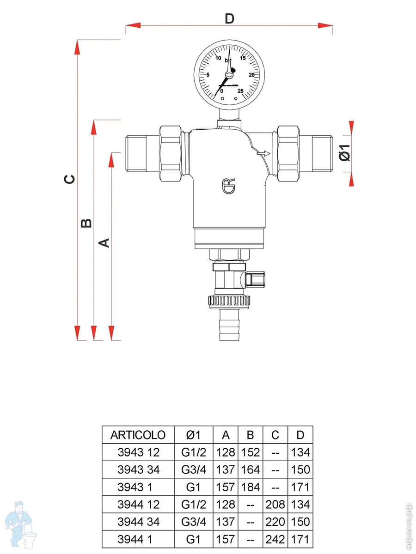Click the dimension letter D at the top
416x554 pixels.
point(229,19)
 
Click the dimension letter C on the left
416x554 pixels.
point(69,179)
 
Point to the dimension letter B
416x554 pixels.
point(86,223)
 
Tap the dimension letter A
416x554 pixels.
point(105,242)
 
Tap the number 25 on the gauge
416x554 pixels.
point(240,90)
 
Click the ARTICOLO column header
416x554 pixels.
point(138,435)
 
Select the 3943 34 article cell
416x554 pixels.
point(138,470)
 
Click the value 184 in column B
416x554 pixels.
point(251,487)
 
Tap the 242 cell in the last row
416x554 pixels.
point(275,539)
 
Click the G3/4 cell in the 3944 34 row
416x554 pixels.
point(194,522)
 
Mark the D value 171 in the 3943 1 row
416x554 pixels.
point(300,487)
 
